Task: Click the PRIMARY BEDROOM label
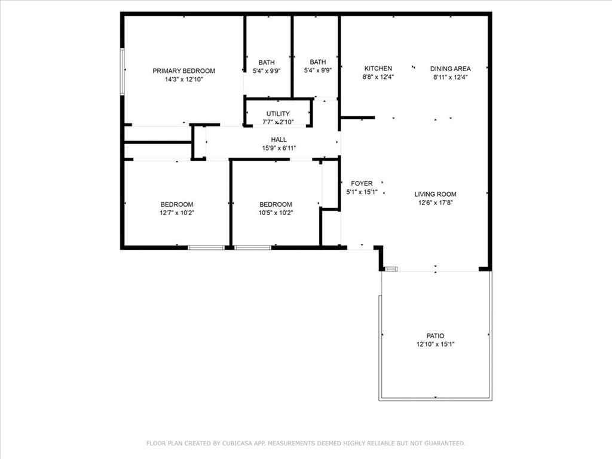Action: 183,71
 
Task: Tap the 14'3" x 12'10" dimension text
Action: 184,79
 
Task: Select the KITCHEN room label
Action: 378,68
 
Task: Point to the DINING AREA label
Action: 451,69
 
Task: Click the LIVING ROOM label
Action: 435,194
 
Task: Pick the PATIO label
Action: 435,336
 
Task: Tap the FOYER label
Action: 362,183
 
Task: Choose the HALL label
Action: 279,139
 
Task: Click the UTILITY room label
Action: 278,114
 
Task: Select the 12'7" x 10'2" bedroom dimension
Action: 177,213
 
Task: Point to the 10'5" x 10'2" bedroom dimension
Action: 276,213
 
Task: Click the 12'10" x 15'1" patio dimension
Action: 435,344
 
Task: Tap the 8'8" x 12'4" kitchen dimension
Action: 378,77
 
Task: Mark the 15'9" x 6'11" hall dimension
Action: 279,148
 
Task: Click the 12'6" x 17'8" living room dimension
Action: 435,203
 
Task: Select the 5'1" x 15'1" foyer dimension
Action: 362,192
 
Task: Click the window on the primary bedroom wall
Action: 122,72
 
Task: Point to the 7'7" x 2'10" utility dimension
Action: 278,122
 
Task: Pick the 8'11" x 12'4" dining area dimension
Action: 451,77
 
